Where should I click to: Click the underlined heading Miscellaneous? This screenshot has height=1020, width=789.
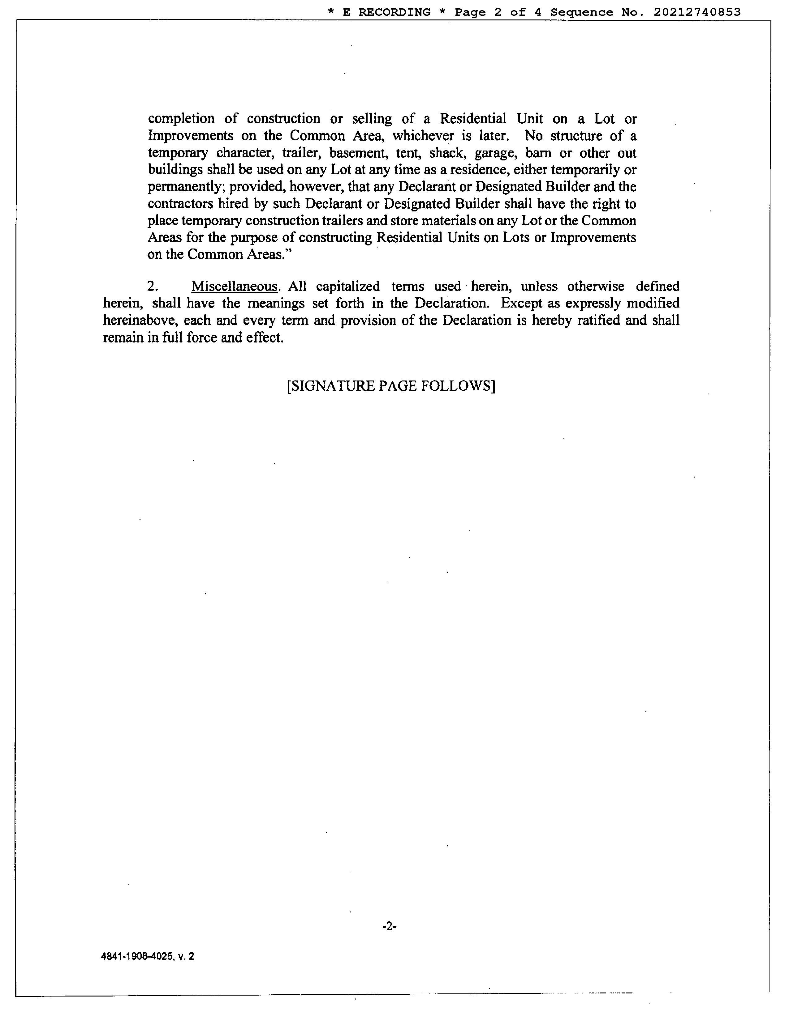[234, 286]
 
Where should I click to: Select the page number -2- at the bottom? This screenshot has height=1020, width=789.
[389, 926]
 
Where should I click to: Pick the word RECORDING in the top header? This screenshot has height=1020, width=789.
[394, 12]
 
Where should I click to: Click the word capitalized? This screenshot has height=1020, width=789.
[348, 286]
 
